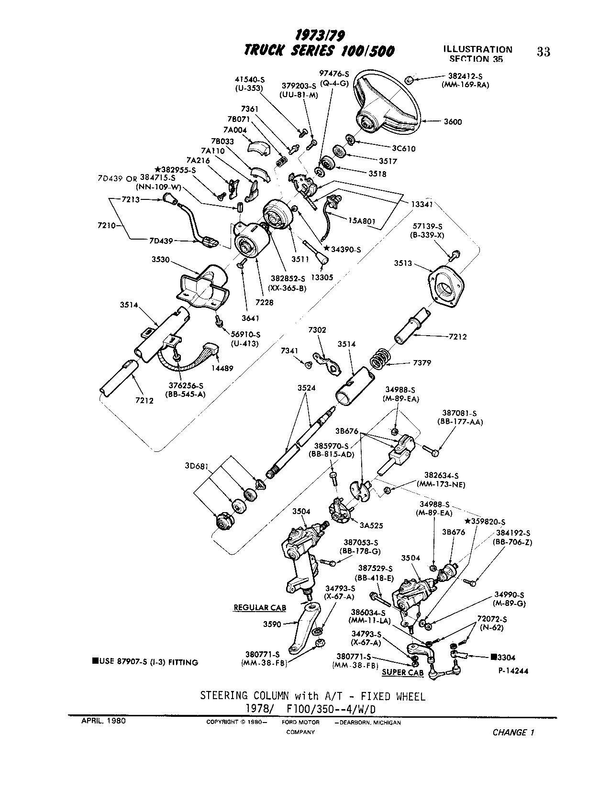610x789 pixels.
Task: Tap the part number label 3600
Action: [453, 122]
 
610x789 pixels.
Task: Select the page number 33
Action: [543, 52]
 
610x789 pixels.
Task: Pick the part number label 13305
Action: [322, 276]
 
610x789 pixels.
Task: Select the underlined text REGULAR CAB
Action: [259, 608]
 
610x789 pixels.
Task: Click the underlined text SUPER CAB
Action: [402, 672]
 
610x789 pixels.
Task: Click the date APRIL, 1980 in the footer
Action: [104, 721]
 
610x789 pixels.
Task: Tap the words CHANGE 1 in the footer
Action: [512, 733]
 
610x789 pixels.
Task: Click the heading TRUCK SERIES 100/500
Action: [319, 51]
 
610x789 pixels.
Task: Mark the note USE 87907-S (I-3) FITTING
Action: [146, 662]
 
